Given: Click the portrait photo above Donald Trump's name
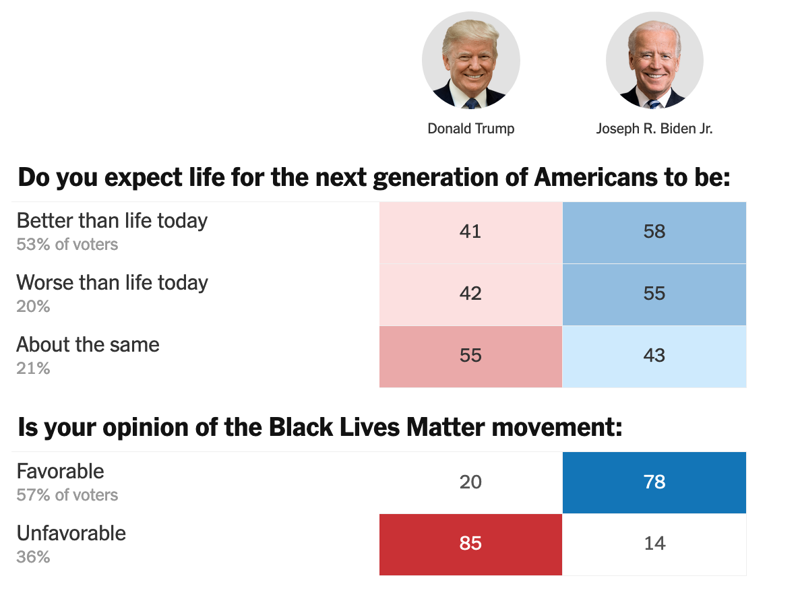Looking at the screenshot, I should click(x=471, y=61).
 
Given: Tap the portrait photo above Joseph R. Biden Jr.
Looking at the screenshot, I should click(x=654, y=61).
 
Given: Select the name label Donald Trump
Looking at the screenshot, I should click(x=471, y=129).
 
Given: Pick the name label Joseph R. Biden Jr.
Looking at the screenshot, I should click(x=654, y=129).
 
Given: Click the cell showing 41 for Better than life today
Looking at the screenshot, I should click(x=470, y=232).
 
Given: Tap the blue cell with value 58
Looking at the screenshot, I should click(x=654, y=232).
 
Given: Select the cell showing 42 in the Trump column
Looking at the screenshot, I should click(x=470, y=294).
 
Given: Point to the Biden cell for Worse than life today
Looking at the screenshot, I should click(x=654, y=294).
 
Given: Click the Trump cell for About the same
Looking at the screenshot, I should click(x=470, y=356).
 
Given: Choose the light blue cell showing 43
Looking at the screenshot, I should click(x=654, y=356).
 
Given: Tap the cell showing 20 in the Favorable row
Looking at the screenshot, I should click(x=470, y=482).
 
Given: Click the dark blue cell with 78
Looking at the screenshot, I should click(x=654, y=482).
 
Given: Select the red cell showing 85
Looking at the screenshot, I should click(x=470, y=544).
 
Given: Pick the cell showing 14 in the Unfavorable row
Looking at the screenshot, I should click(x=654, y=544).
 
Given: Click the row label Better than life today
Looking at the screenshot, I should click(x=112, y=221).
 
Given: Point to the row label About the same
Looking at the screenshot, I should click(x=88, y=345).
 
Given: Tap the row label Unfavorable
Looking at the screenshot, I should click(x=71, y=534).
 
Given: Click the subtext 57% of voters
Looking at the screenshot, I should click(x=67, y=495).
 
